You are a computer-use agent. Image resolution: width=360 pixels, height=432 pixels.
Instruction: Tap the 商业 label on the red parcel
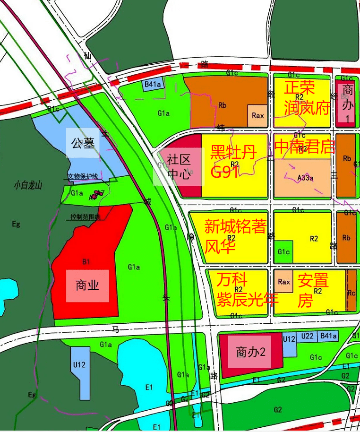87,285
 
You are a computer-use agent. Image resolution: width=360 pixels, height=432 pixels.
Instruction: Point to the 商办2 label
250,352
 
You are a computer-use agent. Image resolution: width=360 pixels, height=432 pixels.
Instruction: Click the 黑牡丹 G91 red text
233,162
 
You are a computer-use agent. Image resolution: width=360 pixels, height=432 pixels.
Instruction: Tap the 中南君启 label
305,147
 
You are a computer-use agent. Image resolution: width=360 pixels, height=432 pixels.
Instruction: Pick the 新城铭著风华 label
235,236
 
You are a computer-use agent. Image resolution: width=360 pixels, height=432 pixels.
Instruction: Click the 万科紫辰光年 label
247,289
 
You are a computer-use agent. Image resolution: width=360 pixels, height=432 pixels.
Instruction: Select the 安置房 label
313,289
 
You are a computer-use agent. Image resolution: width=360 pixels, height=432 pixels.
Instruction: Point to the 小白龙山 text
28,185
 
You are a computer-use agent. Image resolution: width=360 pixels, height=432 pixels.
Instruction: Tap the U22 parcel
308,336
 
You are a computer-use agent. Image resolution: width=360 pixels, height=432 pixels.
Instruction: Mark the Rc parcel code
351,293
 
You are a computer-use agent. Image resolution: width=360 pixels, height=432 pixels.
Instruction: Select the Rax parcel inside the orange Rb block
257,115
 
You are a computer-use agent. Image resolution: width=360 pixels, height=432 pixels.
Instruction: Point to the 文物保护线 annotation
82,176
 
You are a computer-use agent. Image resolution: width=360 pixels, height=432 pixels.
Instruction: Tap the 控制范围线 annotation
86,217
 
